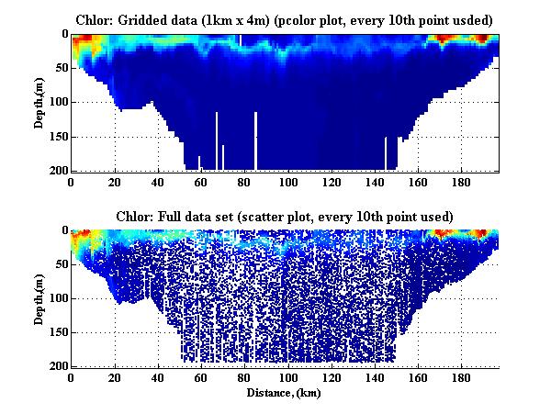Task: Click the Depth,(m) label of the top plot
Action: [x=41, y=102]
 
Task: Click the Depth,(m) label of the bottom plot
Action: [x=41, y=298]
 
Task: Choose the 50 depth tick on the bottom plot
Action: [x=59, y=264]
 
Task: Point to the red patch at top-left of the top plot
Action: [x=84, y=41]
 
